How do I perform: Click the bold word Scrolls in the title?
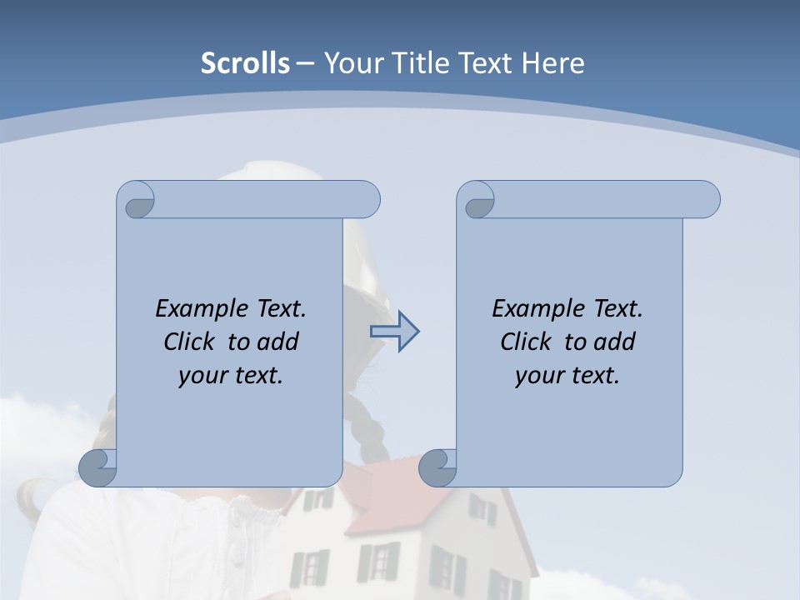[246, 62]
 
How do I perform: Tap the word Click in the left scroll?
[182, 342]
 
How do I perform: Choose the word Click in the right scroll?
[518, 342]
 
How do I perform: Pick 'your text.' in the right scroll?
[567, 376]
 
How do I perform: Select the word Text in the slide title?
[484, 62]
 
